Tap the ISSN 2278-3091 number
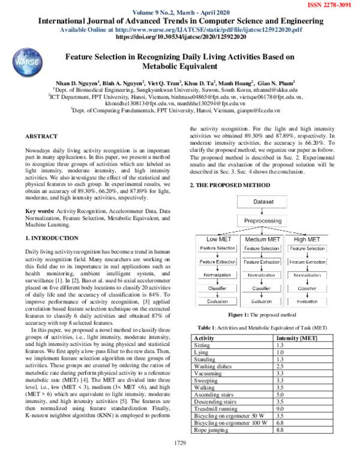click(x=331, y=4)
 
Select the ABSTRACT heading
click(x=46, y=137)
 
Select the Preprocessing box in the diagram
click(x=262, y=220)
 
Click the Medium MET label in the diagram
click(x=262, y=240)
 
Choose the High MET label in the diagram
click(x=307, y=240)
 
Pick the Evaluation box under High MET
click(x=307, y=301)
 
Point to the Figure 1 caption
click(x=262, y=314)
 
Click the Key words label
click(x=40, y=211)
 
